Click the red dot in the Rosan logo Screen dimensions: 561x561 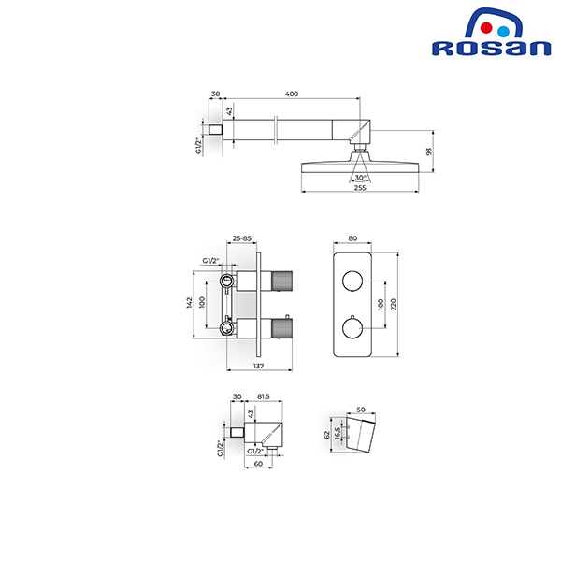[x=486, y=28]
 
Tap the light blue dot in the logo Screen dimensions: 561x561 [x=503, y=32]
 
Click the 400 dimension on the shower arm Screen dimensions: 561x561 [x=292, y=93]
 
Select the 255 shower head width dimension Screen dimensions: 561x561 [x=360, y=188]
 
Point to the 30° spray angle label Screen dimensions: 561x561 [x=360, y=178]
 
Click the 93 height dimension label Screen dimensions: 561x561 [x=429, y=151]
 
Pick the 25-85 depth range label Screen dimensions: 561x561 [x=242, y=238]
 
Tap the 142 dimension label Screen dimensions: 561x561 [x=189, y=303]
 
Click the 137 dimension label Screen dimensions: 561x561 [x=258, y=366]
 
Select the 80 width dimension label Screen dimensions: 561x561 [x=352, y=238]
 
